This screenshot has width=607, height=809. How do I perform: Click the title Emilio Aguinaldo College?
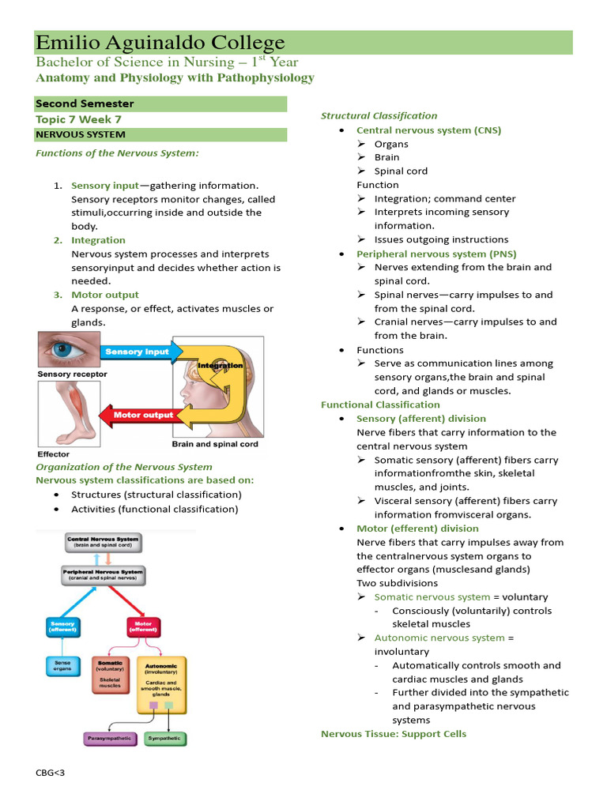coord(160,43)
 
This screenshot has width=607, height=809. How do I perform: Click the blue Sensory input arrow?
coord(141,352)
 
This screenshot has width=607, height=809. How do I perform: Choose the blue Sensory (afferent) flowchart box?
coord(62,627)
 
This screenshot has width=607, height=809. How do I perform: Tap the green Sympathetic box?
coord(164,739)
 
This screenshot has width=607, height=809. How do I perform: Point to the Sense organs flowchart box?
coord(62,665)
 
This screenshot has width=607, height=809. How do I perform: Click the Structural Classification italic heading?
coord(379,115)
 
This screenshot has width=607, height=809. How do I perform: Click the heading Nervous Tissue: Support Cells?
coord(393,734)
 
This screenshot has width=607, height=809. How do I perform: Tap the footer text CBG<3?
coord(50,772)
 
